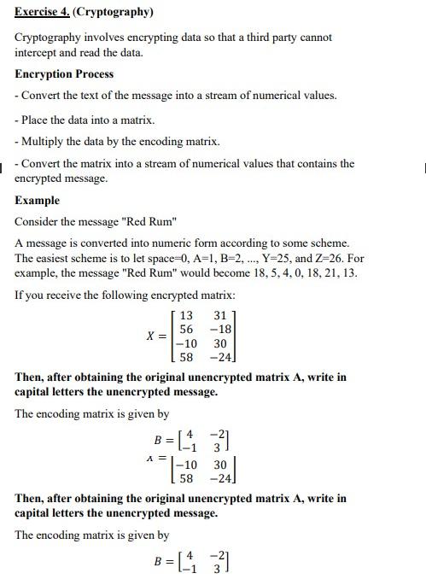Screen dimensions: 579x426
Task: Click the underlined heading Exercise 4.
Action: click(x=42, y=12)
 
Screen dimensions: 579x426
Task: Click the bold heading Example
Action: click(x=37, y=201)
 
